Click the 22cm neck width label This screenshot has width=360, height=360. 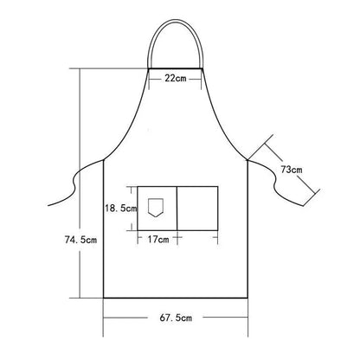pos(176,79)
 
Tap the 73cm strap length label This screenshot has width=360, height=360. pos(291,170)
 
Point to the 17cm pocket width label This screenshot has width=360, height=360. pos(157,239)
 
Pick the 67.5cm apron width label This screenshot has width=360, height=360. pos(176,318)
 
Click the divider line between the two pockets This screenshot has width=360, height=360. pos(177,209)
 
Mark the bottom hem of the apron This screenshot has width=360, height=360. pos(176,297)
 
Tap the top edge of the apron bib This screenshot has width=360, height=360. pos(176,67)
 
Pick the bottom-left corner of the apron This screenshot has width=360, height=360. pos(105,297)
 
